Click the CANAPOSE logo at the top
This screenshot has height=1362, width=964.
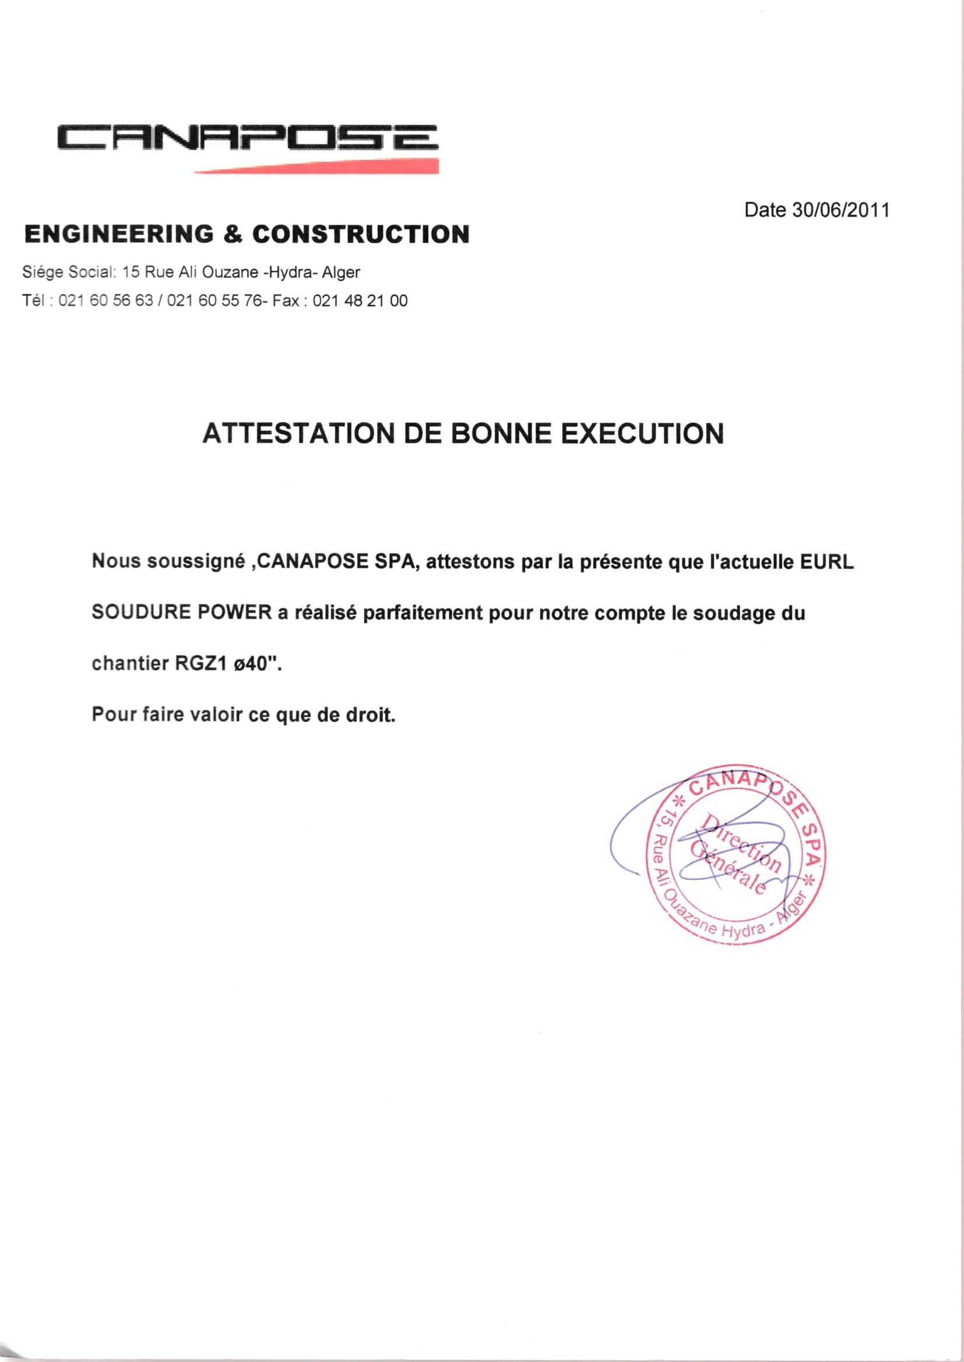tap(248, 137)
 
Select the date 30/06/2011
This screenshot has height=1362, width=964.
tap(840, 210)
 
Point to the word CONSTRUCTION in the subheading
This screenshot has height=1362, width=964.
tap(361, 234)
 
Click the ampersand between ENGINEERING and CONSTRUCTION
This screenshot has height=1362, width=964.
tap(233, 234)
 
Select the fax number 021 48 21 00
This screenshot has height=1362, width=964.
tap(360, 300)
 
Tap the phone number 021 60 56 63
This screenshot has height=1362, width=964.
tap(105, 300)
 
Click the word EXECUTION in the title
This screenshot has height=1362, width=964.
tap(642, 433)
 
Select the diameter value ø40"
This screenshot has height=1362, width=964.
tap(257, 663)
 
